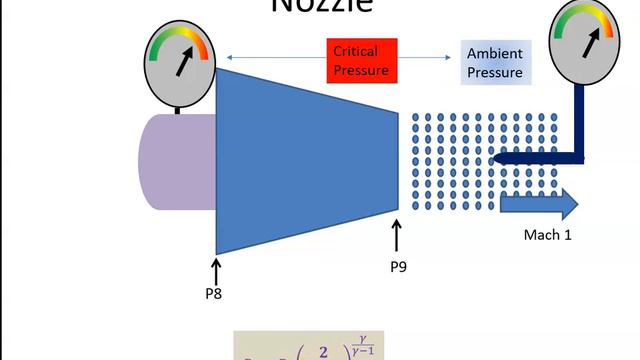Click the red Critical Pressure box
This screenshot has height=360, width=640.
click(362, 59)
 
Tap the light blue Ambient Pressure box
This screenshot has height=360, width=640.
click(496, 63)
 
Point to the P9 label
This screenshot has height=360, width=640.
click(398, 266)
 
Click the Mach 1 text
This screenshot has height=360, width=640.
click(547, 235)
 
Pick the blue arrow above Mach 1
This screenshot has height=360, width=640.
click(539, 204)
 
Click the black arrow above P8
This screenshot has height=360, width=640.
click(217, 268)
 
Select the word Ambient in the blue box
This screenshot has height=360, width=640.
click(496, 55)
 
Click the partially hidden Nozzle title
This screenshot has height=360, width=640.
click(322, 6)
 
